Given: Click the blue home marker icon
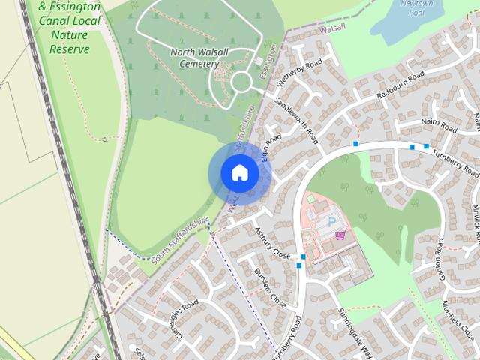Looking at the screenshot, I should pos(239,173).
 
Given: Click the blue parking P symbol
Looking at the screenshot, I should pos(332,222).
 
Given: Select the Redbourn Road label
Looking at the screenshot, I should pos(400,85).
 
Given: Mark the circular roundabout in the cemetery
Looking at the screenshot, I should pos(241,82).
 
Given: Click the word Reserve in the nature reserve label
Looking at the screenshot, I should pos(69,49).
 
